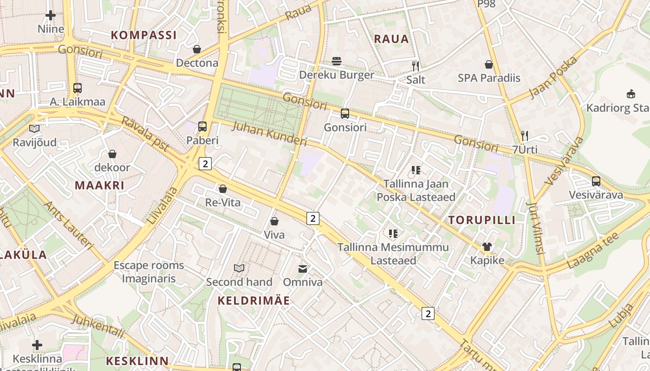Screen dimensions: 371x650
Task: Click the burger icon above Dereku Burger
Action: click(x=337, y=61)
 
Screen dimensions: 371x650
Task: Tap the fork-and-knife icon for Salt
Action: click(x=416, y=66)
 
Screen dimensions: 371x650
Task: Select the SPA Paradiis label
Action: click(x=489, y=78)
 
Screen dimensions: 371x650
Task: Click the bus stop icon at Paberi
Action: click(x=202, y=126)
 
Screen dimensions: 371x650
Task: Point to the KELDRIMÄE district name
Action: click(x=253, y=301)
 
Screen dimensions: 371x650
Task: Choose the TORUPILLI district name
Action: click(x=482, y=220)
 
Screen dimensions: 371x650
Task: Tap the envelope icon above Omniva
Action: click(x=303, y=269)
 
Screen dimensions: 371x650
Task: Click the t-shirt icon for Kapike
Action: click(x=487, y=247)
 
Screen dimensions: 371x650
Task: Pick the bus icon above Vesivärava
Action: click(x=596, y=181)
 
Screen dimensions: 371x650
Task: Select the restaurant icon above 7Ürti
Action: click(x=525, y=136)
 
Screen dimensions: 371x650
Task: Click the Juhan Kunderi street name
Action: click(x=269, y=134)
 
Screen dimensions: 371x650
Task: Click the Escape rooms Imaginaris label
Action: click(x=149, y=272)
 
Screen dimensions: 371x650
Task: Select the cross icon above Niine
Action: click(x=51, y=15)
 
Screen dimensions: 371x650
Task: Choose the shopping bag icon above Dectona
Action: click(x=197, y=49)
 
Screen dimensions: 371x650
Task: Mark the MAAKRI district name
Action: click(x=99, y=185)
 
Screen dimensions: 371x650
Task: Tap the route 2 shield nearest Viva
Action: click(x=313, y=218)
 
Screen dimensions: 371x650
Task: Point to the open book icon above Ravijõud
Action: click(x=34, y=129)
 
